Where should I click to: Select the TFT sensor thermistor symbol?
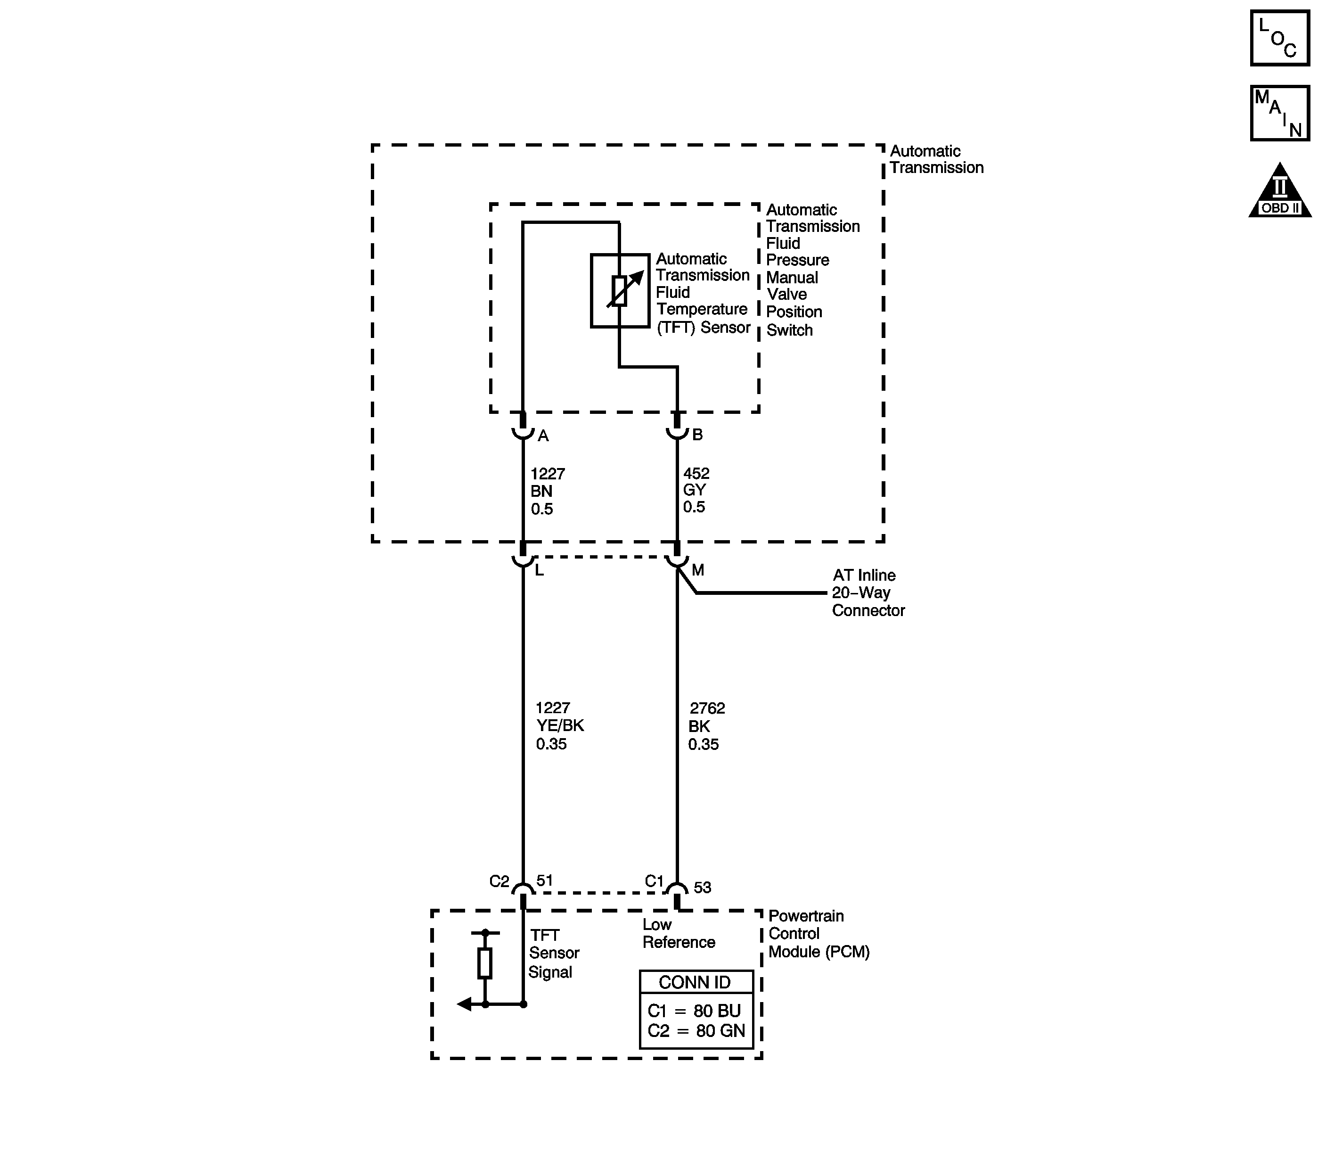(620, 291)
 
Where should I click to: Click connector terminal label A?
(543, 436)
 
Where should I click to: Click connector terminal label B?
(697, 435)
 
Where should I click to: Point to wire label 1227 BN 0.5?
(547, 492)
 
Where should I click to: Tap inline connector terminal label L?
(539, 570)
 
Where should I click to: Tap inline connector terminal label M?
(698, 570)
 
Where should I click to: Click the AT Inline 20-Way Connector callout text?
(867, 592)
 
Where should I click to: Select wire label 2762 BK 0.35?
(706, 726)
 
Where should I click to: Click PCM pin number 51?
(545, 880)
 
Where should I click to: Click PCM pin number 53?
(702, 888)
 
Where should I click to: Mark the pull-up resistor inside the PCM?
(485, 963)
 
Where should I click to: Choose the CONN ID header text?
(695, 982)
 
